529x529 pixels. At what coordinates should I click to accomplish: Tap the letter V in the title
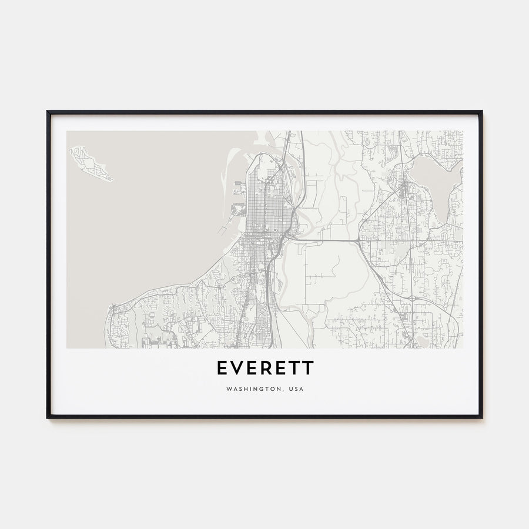(x=237, y=368)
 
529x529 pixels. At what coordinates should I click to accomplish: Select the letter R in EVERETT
(x=266, y=368)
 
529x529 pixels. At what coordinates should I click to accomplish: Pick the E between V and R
(x=252, y=368)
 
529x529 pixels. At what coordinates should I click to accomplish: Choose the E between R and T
(x=280, y=368)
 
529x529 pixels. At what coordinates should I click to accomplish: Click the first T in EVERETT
(x=294, y=368)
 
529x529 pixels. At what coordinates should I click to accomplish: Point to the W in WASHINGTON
(x=227, y=389)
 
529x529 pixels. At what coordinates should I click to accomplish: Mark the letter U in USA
(x=290, y=389)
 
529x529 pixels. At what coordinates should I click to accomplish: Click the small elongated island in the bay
(x=90, y=163)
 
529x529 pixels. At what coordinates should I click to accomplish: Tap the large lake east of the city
(x=432, y=176)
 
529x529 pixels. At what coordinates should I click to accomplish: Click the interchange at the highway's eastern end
(x=359, y=240)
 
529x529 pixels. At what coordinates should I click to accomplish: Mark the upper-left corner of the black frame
(x=48, y=112)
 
